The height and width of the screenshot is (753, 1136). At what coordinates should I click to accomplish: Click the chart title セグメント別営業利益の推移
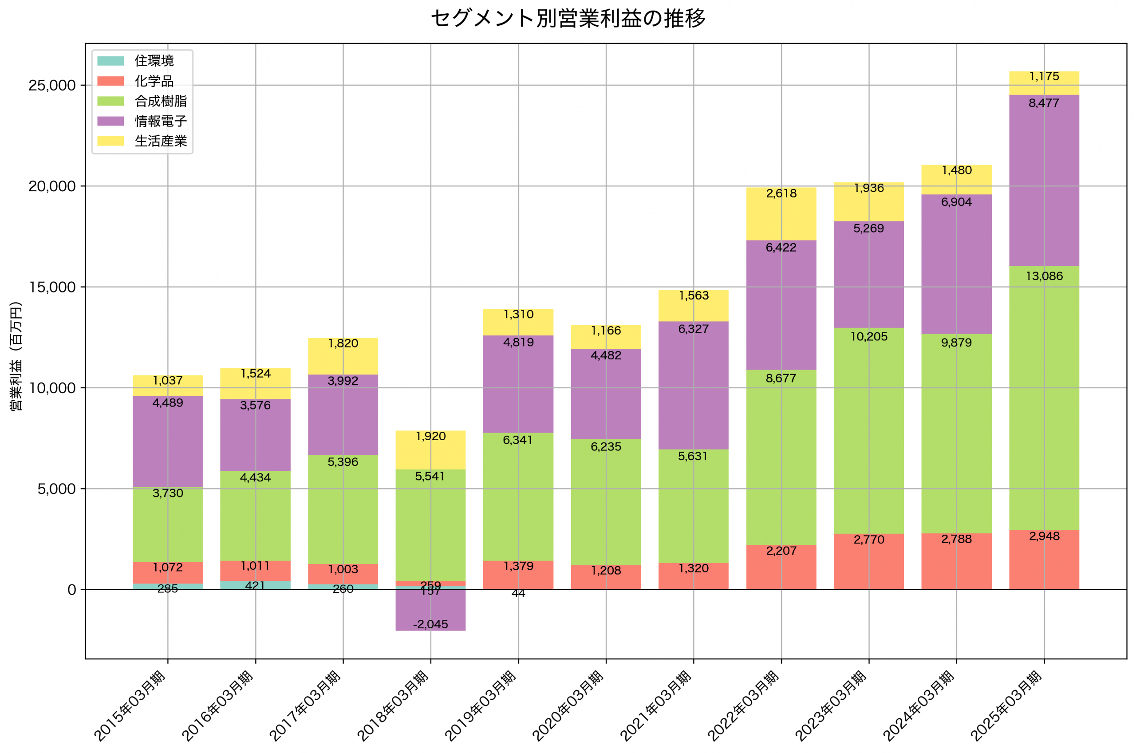click(568, 18)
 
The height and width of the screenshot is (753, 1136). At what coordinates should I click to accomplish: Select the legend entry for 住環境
click(154, 60)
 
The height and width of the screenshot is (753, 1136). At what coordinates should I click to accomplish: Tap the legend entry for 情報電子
click(160, 121)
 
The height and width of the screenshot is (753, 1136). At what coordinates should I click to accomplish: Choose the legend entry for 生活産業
click(160, 141)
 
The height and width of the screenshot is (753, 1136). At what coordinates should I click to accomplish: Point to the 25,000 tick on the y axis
click(52, 86)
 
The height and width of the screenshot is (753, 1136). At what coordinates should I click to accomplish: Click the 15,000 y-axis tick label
click(52, 287)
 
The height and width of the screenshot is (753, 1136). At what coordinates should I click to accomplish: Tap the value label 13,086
click(1044, 276)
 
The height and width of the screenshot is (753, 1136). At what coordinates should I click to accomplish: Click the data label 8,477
click(1044, 103)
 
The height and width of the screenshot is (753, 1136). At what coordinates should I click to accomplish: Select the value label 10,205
click(869, 337)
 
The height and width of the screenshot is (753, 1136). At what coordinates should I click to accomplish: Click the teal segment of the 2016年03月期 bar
click(256, 585)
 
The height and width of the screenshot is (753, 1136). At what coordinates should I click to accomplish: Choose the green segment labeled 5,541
click(431, 526)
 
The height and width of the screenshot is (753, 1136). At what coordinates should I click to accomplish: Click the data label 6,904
click(956, 202)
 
